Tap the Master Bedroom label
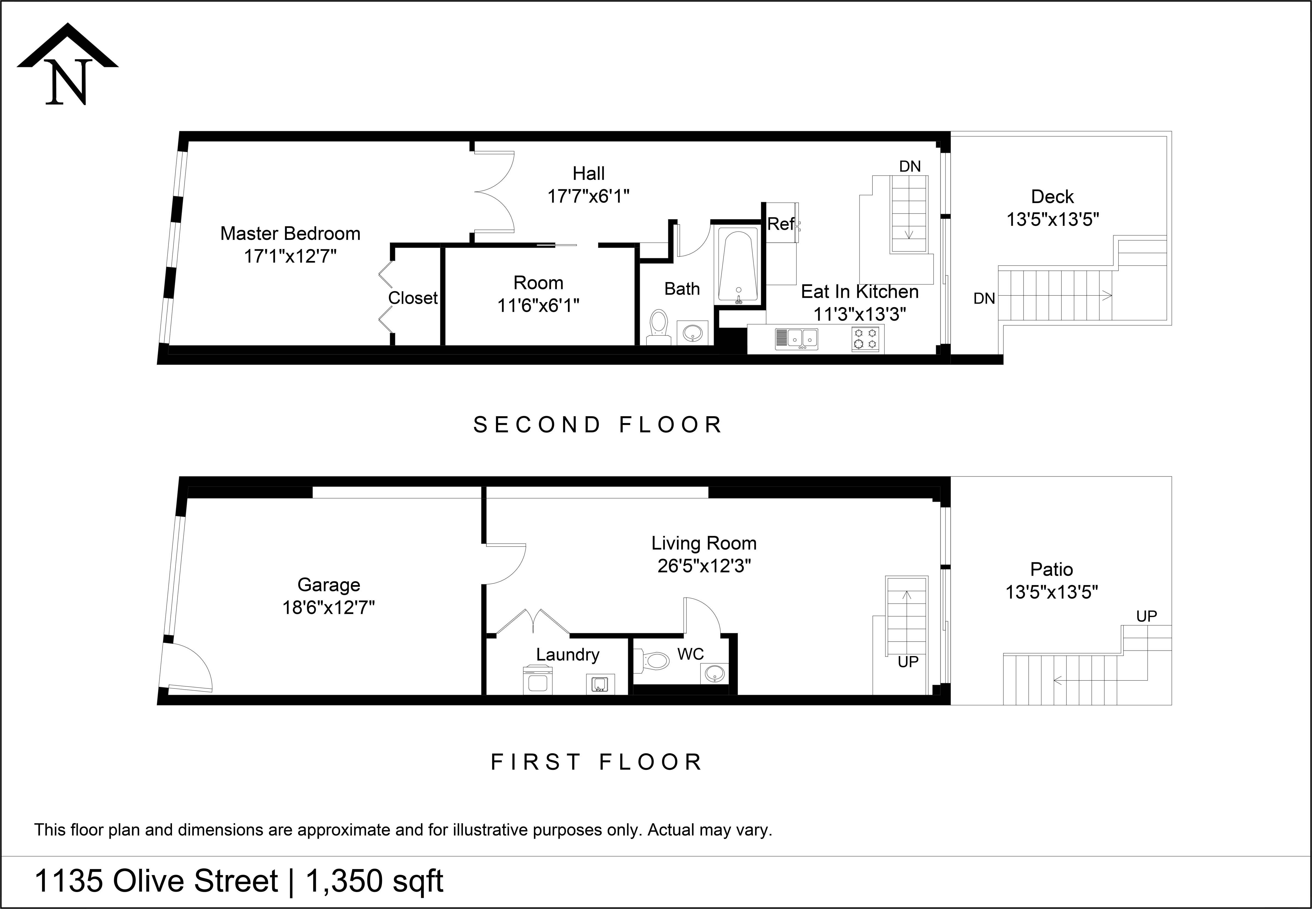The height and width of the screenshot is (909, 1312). pos(291,234)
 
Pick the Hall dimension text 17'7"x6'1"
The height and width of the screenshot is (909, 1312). pos(588,196)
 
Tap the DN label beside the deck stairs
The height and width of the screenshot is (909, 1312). pos(984,298)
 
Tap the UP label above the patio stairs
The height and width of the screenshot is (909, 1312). pos(1146,616)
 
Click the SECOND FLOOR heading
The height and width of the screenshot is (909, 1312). pos(598,425)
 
